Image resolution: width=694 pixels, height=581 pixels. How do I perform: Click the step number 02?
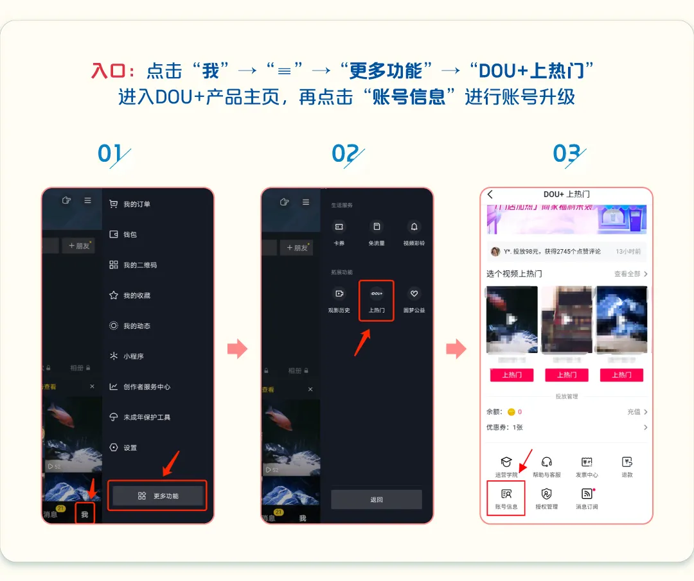(345, 154)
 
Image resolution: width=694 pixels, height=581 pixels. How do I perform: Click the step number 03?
(567, 154)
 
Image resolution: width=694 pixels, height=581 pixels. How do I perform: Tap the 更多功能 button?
(158, 496)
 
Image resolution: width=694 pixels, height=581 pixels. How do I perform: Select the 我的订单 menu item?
(136, 204)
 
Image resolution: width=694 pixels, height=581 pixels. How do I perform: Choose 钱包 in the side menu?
(130, 234)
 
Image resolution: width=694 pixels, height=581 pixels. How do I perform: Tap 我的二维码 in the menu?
(139, 265)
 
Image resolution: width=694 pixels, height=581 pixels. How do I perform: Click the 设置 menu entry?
(130, 447)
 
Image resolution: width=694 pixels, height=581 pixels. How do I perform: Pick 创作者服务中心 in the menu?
(147, 387)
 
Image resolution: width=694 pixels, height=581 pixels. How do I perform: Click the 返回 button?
(377, 499)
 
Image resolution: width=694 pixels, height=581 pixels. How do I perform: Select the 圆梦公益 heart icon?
(414, 294)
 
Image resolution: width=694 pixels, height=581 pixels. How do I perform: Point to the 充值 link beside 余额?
(636, 412)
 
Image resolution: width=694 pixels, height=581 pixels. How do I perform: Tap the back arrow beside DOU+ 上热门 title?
(490, 195)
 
